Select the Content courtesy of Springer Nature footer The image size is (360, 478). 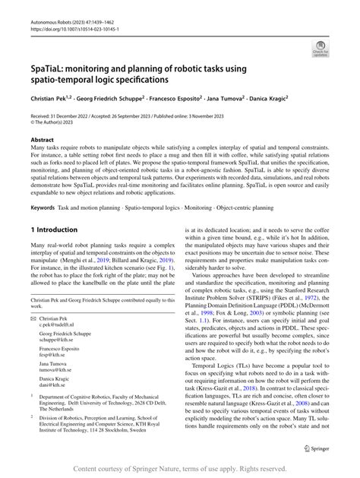[x=180, y=468]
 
